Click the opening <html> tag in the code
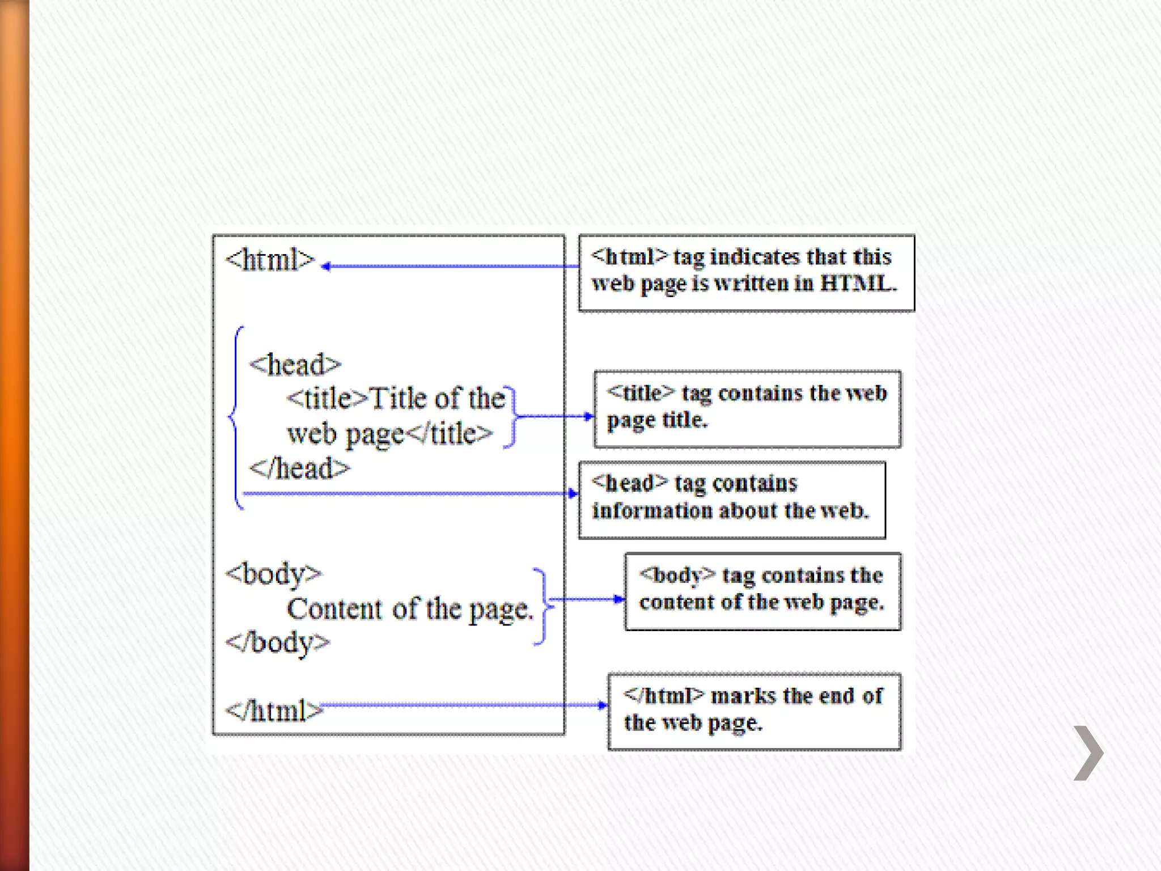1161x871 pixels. pos(270,260)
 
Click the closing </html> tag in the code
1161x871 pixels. pos(274,711)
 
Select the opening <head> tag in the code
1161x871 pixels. pos(295,365)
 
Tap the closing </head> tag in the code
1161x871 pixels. pos(299,469)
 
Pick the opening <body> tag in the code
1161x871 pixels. pos(273,574)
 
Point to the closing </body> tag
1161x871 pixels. pos(277,643)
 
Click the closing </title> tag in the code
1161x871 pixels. pos(450,434)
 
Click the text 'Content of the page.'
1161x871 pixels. pos(410,609)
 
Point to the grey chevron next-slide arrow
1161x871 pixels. pos(1088,753)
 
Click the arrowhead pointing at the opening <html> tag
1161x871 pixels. pos(326,266)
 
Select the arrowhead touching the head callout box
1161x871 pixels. pos(573,493)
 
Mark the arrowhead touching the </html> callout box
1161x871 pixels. pos(603,705)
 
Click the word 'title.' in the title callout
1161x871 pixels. pos(685,420)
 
